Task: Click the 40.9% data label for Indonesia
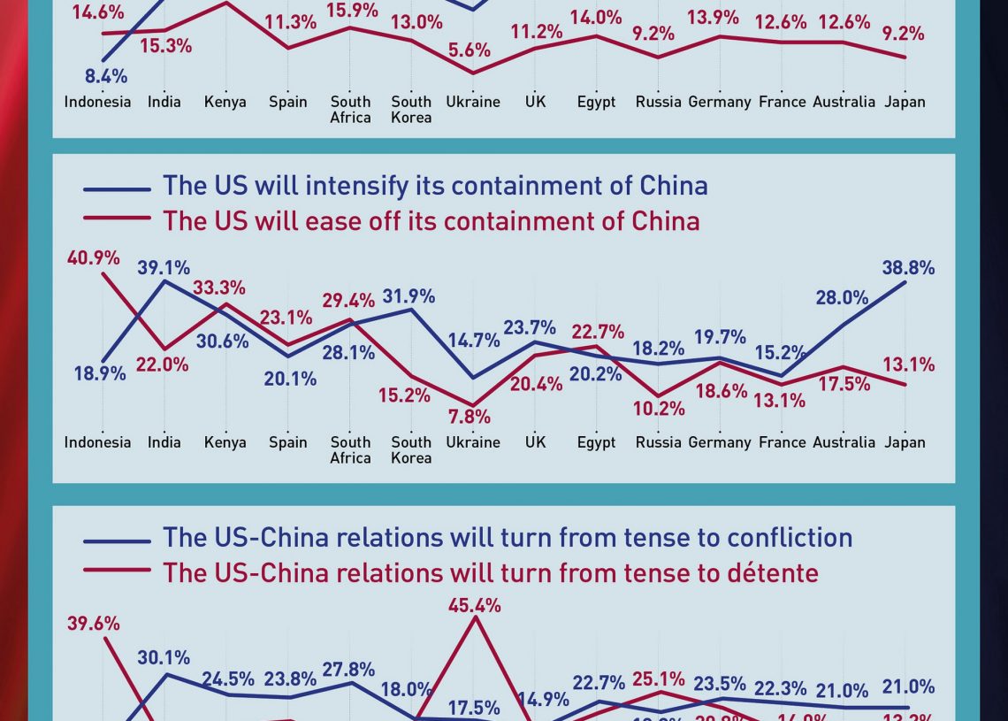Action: pos(94,258)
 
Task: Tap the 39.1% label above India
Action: pos(164,268)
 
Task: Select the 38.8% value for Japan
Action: pos(908,268)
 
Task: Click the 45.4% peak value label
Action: pos(475,606)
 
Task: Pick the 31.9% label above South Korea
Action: pos(408,296)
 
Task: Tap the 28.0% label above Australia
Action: pos(842,298)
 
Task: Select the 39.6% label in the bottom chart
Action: pos(94,624)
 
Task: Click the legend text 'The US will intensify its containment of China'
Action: pos(435,186)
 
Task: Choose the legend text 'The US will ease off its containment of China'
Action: pos(431,220)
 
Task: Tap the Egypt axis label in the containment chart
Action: pos(596,442)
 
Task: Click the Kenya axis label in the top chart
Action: pos(225,102)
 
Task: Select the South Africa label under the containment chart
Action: pos(350,449)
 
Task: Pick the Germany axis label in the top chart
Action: pos(720,102)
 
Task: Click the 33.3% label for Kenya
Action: pos(219,288)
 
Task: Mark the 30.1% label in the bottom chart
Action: pos(164,658)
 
